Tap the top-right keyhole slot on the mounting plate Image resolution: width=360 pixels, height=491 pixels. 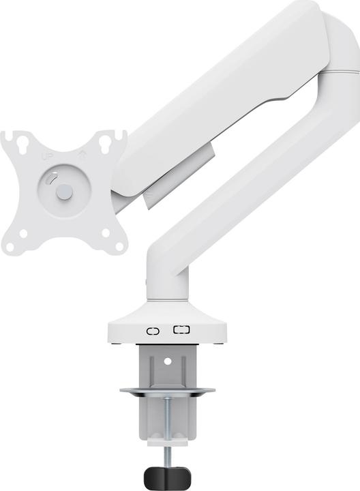pyautogui.click(x=105, y=144)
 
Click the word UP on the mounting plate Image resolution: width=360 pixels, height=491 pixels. pyautogui.click(x=48, y=157)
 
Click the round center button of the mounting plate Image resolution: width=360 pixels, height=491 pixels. pyautogui.click(x=63, y=193)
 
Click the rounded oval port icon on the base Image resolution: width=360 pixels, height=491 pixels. pyautogui.click(x=153, y=331)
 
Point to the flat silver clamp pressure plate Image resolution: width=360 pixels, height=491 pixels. pyautogui.click(x=167, y=392)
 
